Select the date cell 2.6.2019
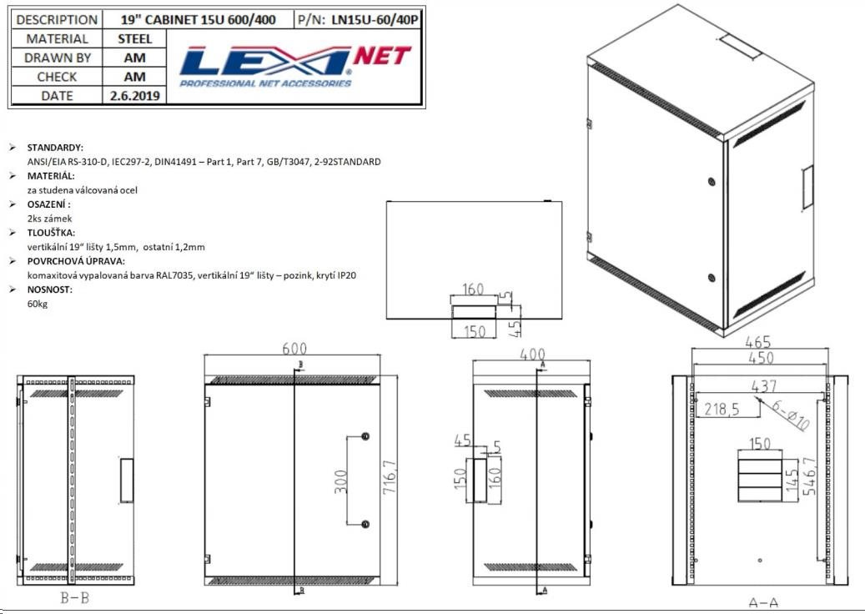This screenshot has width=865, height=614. pyautogui.click(x=134, y=95)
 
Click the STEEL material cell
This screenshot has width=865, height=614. pyautogui.click(x=134, y=38)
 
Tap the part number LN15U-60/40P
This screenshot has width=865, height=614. pyautogui.click(x=375, y=20)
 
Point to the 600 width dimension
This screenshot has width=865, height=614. pyautogui.click(x=294, y=349)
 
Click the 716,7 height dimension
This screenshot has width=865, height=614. pyautogui.click(x=390, y=476)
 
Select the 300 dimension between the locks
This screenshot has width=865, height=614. pyautogui.click(x=341, y=481)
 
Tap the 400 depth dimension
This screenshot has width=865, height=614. pyautogui.click(x=532, y=354)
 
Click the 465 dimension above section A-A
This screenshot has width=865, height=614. pyautogui.click(x=757, y=341)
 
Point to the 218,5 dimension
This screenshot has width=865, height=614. pyautogui.click(x=722, y=410)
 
